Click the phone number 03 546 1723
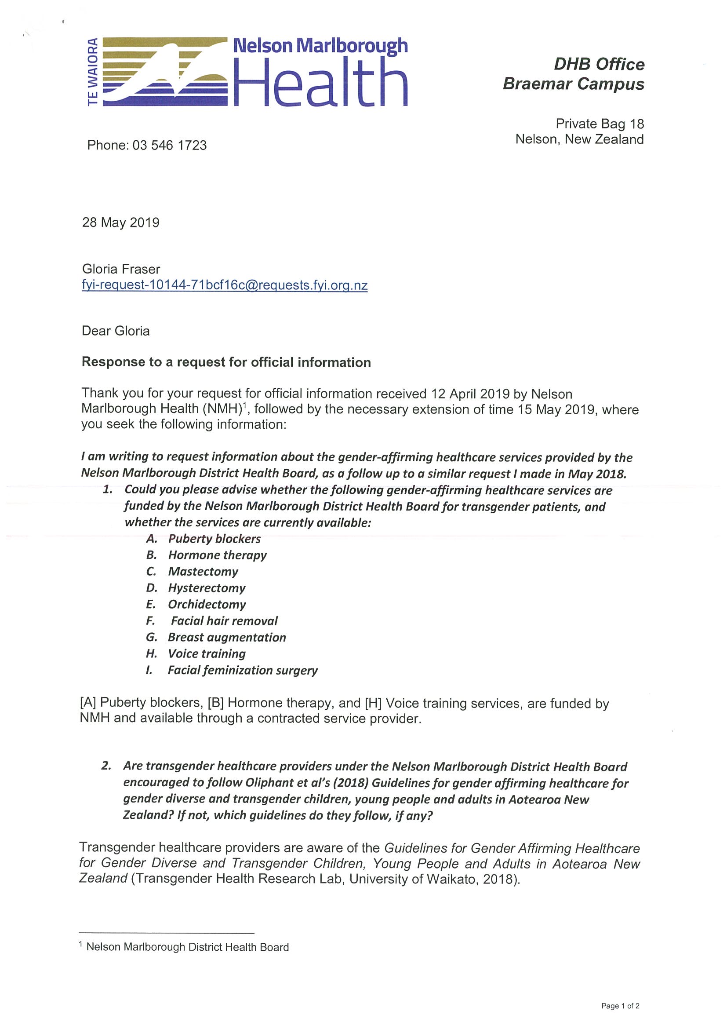[x=169, y=145]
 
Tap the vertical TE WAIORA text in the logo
[x=93, y=72]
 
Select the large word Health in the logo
[x=320, y=84]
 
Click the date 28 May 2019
[x=120, y=223]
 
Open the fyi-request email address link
[x=225, y=285]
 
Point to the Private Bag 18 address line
[x=600, y=124]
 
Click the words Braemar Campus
[x=573, y=84]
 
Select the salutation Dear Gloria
[x=116, y=331]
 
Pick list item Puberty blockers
[x=214, y=539]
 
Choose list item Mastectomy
[x=203, y=571]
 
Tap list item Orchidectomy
[x=207, y=604]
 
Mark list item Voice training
[x=207, y=653]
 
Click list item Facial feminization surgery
[x=243, y=670]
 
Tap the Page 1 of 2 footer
[x=620, y=1006]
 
